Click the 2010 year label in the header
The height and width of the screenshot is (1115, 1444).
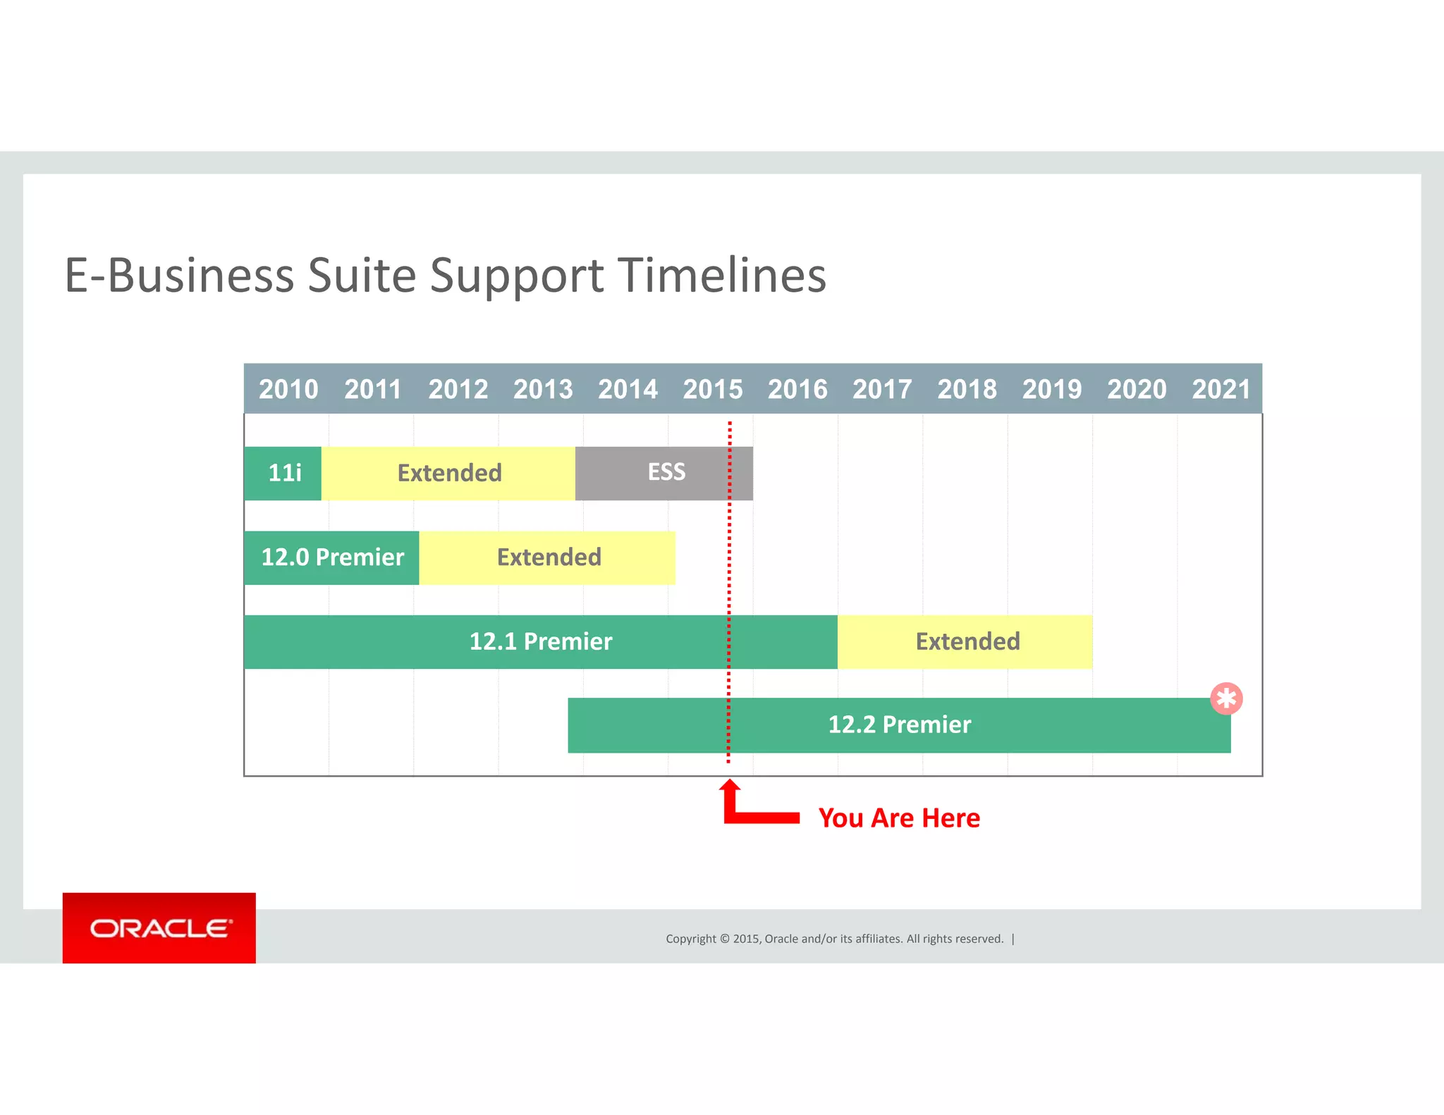pos(288,389)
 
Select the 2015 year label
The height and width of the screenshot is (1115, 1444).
pos(713,389)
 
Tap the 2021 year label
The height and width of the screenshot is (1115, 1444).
pos(1221,389)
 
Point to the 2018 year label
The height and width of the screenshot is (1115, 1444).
pos(967,389)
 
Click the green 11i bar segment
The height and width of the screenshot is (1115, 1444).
pos(283,473)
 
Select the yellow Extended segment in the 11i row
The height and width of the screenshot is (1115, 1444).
pos(449,473)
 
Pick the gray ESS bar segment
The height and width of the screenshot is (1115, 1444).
pos(666,472)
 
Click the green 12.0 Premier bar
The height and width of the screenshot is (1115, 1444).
pos(332,557)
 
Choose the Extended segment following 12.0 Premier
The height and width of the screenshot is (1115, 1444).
pos(549,557)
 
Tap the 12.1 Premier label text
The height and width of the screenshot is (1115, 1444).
pos(541,641)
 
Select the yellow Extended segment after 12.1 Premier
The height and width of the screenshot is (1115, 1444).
pos(967,641)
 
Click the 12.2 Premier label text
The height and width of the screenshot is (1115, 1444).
pos(899,725)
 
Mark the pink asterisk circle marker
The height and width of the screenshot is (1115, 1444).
pos(1226,698)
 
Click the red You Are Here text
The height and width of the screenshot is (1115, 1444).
pos(899,818)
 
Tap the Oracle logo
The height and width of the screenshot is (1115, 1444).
pos(159,928)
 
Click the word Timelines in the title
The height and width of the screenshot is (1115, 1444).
pos(721,275)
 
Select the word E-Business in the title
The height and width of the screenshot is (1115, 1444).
pos(179,275)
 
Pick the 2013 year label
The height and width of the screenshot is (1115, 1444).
pos(543,389)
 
